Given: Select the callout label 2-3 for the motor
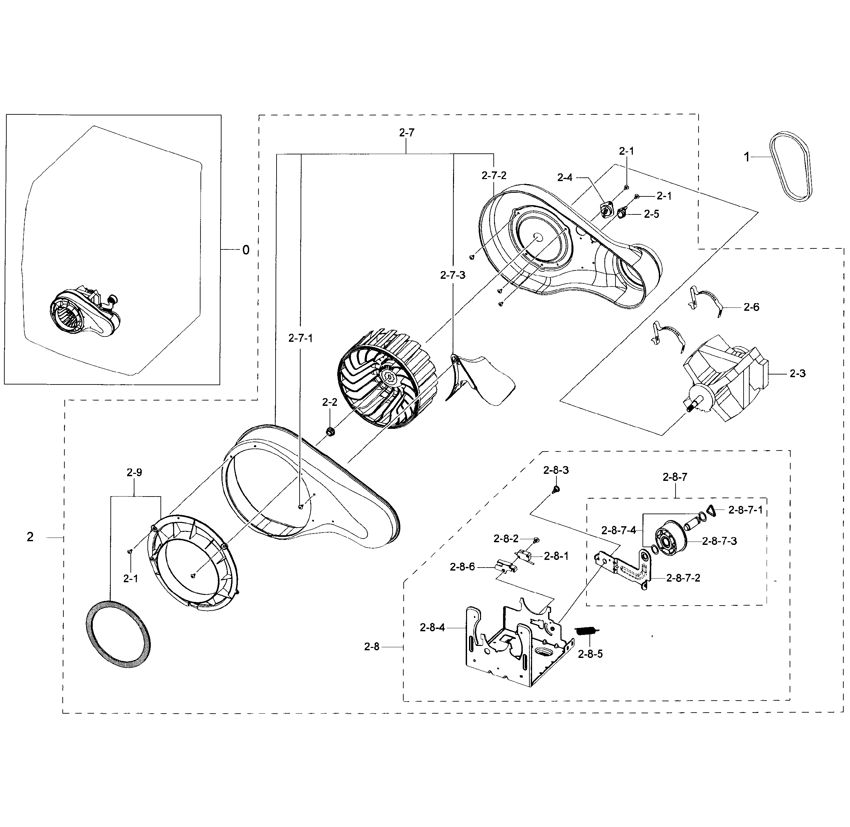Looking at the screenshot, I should click(797, 373).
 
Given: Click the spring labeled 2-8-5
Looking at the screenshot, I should click(587, 631).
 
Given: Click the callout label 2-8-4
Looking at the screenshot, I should click(432, 628).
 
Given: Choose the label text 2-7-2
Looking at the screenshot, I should click(494, 175).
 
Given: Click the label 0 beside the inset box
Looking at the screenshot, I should click(246, 250).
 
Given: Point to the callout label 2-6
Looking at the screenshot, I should click(751, 307).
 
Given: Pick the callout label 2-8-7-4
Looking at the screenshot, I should click(619, 530).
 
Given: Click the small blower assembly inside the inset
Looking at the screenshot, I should click(85, 313).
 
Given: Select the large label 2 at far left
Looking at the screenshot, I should click(30, 537).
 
